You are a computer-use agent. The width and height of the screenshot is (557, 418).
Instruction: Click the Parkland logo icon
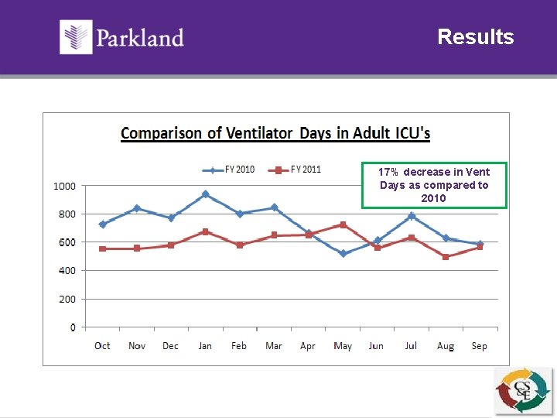76,36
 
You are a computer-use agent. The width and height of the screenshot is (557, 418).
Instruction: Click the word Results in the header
475,37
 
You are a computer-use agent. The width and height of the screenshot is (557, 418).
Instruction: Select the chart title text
275,133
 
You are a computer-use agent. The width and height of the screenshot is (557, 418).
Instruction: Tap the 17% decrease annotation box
434,185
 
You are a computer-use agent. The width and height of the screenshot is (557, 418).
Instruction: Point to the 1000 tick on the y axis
64,186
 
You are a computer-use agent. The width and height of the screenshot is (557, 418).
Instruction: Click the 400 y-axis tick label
67,271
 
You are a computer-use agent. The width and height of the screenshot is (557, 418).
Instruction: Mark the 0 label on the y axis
73,327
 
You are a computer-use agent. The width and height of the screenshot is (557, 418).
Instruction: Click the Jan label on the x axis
205,346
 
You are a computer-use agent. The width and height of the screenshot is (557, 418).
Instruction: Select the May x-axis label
342,346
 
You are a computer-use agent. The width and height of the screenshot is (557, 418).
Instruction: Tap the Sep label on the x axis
480,346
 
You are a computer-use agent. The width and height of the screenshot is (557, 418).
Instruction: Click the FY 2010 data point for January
205,194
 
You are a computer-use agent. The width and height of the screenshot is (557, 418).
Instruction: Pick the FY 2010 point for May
343,253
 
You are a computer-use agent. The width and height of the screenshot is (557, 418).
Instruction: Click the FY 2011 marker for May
343,224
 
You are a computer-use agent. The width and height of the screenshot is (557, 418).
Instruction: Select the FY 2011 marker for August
446,257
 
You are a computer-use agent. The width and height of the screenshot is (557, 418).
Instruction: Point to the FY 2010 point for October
102,224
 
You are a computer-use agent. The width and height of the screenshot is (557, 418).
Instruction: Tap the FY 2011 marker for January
205,231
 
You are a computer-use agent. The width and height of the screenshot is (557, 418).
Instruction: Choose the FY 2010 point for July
412,216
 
